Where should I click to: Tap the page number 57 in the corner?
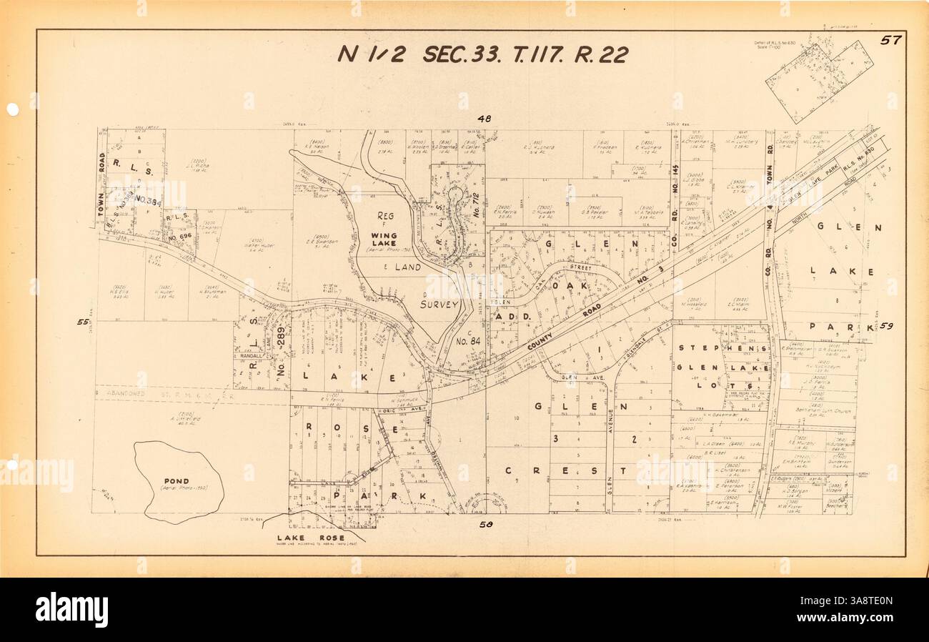point(890,40)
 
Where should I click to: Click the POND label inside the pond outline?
point(176,481)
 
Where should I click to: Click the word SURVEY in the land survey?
point(439,305)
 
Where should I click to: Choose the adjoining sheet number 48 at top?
point(485,119)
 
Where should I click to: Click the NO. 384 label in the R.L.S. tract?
point(148,201)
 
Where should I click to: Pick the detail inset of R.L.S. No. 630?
point(819,72)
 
